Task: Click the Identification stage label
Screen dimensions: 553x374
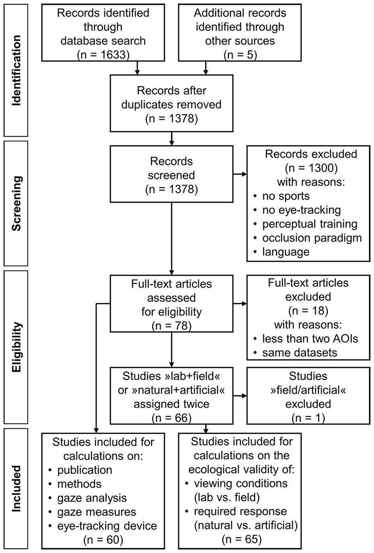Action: click(x=16, y=70)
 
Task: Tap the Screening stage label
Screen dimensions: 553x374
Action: click(x=16, y=203)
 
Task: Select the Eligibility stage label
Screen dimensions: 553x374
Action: click(x=16, y=347)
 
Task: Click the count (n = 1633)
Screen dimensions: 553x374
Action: click(x=103, y=55)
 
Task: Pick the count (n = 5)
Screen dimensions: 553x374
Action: click(x=240, y=55)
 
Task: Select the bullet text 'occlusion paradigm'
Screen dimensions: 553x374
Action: click(x=312, y=238)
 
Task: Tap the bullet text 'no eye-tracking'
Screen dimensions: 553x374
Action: click(x=301, y=210)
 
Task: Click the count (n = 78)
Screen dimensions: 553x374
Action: click(x=171, y=326)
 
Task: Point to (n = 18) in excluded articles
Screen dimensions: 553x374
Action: click(x=308, y=310)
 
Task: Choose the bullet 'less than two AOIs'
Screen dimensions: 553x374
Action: click(x=310, y=338)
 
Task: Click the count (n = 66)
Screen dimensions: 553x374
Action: click(x=171, y=418)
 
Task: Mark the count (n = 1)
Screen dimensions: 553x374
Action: click(x=308, y=418)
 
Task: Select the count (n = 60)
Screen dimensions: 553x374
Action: click(x=103, y=540)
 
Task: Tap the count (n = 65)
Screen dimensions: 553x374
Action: click(x=241, y=539)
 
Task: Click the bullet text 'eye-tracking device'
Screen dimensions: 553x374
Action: click(x=107, y=526)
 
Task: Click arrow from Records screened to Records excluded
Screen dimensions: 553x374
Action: click(x=240, y=174)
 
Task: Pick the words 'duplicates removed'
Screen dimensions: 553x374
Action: click(x=171, y=105)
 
